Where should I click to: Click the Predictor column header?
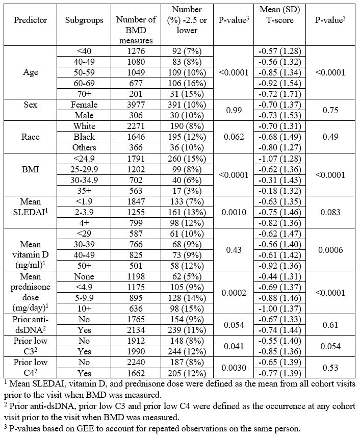31,20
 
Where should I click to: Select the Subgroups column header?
84,20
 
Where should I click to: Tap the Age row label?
31,72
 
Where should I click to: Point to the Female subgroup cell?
84,105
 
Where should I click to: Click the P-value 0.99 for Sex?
233,110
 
